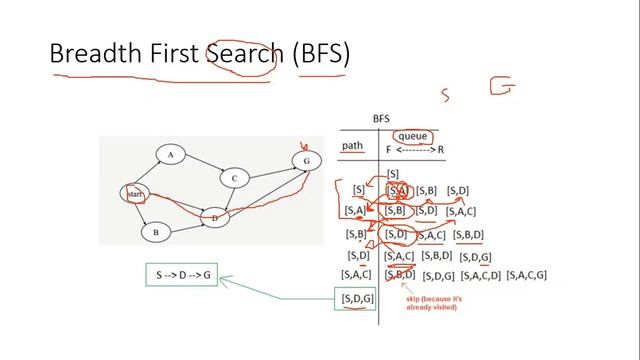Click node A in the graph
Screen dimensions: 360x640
click(171, 155)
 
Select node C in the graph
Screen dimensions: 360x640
click(233, 178)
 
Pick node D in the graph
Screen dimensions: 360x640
click(213, 216)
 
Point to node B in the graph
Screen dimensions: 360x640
click(156, 232)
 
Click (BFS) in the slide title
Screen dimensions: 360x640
click(321, 53)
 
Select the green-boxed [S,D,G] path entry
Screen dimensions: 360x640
click(357, 298)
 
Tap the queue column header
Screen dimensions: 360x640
click(412, 137)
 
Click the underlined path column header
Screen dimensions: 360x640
click(352, 146)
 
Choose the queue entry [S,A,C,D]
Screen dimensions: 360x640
click(481, 276)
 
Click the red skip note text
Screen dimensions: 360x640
click(432, 303)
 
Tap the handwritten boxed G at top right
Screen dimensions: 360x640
click(503, 87)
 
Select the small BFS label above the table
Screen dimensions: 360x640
click(381, 117)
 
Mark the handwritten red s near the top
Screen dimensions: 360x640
click(445, 95)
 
